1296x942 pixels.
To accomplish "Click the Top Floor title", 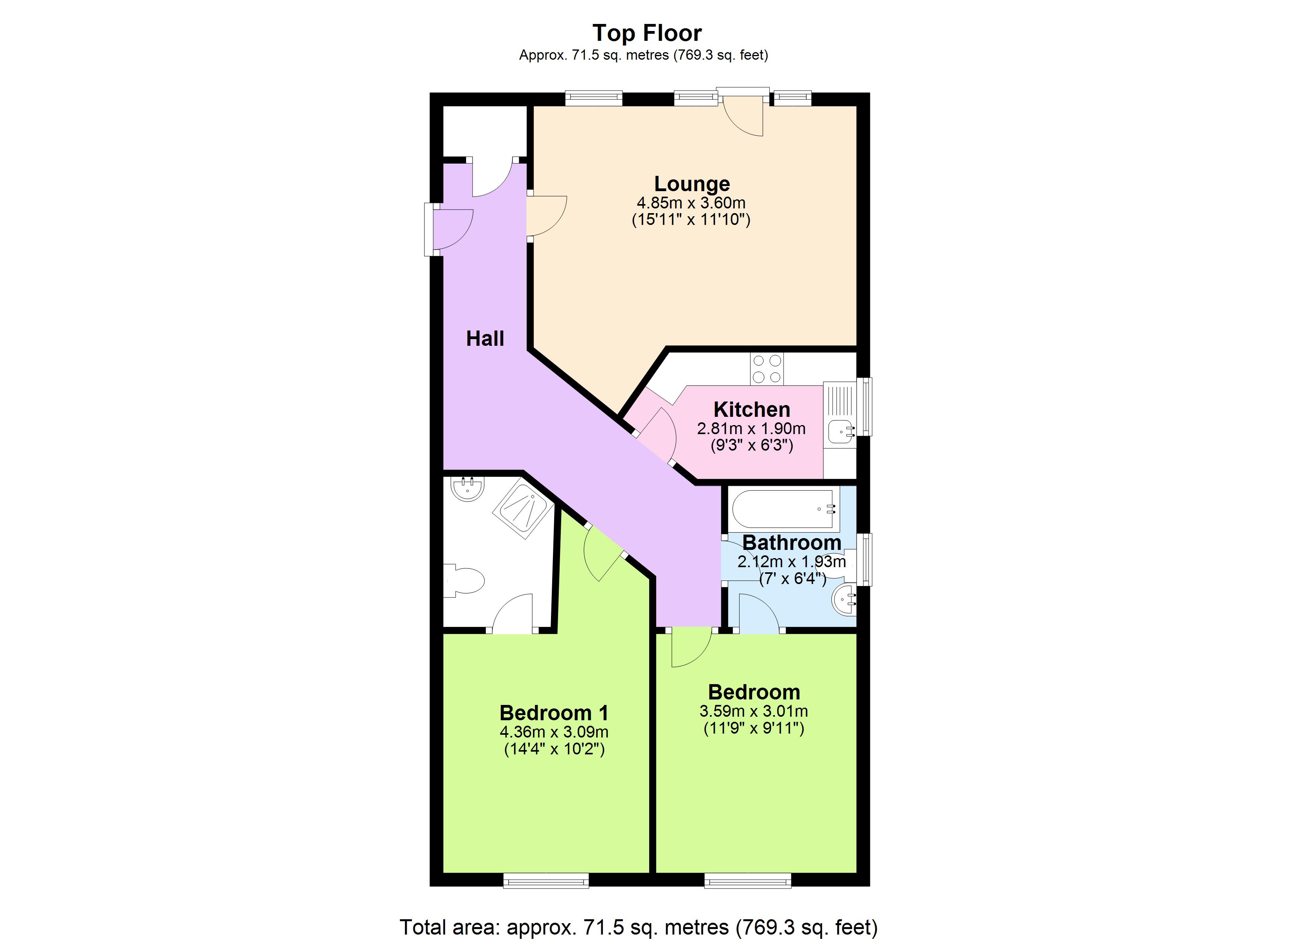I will tap(646, 33).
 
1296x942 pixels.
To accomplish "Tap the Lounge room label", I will tap(692, 184).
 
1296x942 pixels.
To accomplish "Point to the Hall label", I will tap(485, 339).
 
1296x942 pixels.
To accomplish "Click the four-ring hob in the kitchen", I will tap(767, 369).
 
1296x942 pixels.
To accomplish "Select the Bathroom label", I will tap(791, 542).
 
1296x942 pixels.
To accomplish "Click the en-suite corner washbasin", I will tap(467, 488).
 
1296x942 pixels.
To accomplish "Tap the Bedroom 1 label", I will tap(554, 713).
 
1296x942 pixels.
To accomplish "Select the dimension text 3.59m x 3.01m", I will tap(753, 711).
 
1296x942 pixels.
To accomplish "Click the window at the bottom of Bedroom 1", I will tap(546, 880).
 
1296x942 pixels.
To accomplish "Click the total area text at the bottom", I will tap(638, 927).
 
